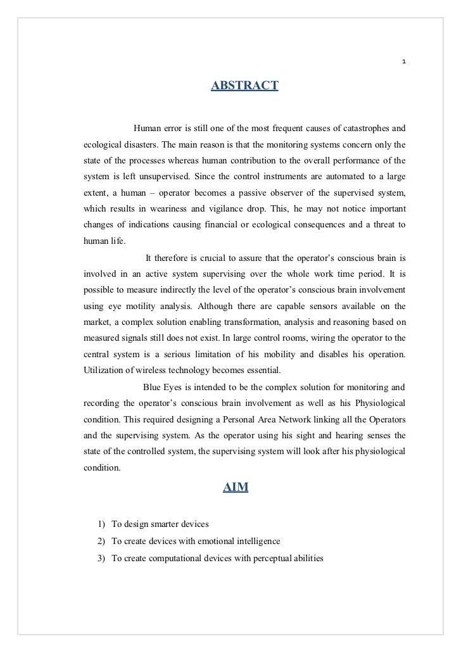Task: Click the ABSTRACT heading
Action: click(x=244, y=85)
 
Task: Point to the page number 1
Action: click(x=403, y=62)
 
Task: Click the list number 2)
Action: click(x=101, y=542)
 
